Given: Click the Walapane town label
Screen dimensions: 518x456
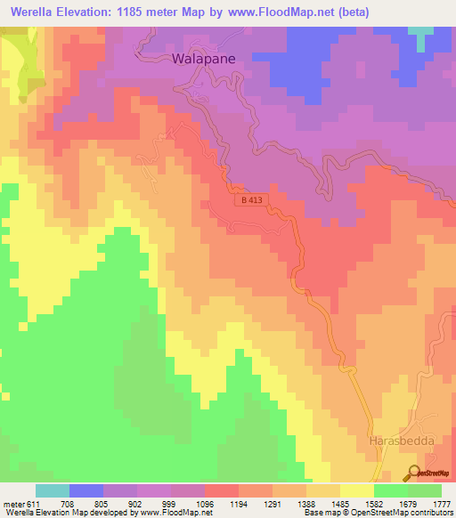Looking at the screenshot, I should tap(202, 60).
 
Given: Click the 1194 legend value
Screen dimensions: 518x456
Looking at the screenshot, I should tap(239, 504).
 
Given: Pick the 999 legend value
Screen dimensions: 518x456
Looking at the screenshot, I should tap(171, 504).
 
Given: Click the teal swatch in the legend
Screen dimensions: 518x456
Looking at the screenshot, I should tap(52, 491).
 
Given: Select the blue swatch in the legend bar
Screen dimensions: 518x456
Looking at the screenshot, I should tap(85, 491).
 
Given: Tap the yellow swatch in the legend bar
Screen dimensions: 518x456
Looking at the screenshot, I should tap(356, 491).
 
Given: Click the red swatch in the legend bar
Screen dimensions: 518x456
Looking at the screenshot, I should tap(221, 491).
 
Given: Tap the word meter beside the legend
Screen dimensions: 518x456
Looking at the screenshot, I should tap(13, 504).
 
